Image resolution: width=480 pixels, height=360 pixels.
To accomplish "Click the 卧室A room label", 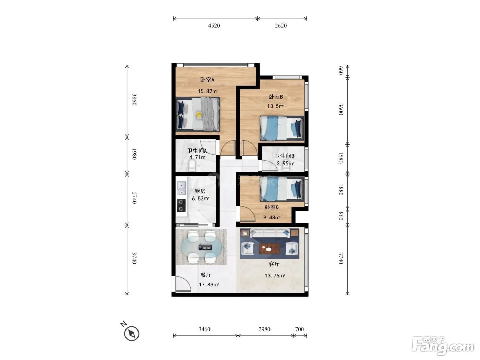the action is click(207, 80).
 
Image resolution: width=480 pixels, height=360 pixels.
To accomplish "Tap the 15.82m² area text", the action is click(207, 91).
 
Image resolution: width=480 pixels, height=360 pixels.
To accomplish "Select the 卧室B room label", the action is click(276, 97).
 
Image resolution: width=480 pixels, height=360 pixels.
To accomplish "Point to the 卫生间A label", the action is click(197, 151).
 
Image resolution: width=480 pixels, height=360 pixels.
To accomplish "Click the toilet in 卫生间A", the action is click(192, 165).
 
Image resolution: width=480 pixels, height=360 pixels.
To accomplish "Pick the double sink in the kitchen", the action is click(181, 188).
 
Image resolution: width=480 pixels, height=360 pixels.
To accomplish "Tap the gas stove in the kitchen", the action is click(181, 205).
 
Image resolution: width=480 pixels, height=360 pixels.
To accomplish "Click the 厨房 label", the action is click(200, 191).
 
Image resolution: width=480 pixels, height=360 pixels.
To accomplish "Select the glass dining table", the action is click(201, 247).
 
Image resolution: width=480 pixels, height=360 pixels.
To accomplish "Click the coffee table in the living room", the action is click(269, 249).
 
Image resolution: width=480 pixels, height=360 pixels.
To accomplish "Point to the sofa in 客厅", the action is click(270, 233).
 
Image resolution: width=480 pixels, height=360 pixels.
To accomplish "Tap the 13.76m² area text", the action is click(275, 276).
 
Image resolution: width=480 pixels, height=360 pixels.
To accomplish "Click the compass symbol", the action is click(131, 333).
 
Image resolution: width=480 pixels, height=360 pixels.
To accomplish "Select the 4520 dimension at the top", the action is click(214, 26).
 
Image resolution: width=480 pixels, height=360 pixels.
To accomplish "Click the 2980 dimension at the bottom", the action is click(264, 329).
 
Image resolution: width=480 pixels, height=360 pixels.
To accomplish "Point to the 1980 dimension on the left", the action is click(134, 154).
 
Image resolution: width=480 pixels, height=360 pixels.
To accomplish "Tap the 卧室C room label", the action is click(272, 207).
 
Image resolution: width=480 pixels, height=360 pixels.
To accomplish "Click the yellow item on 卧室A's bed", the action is click(199, 115).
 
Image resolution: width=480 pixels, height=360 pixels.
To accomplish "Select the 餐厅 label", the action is click(206, 275).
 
